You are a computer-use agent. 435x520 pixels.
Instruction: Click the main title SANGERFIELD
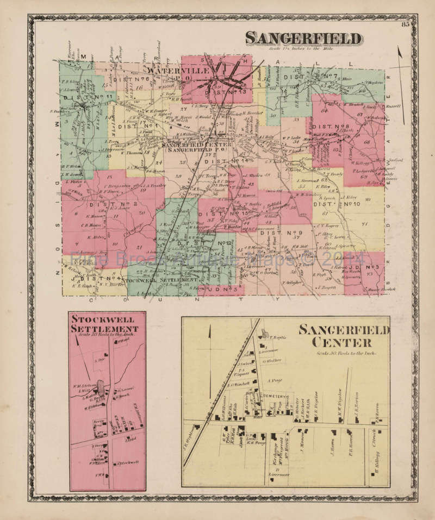303,39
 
